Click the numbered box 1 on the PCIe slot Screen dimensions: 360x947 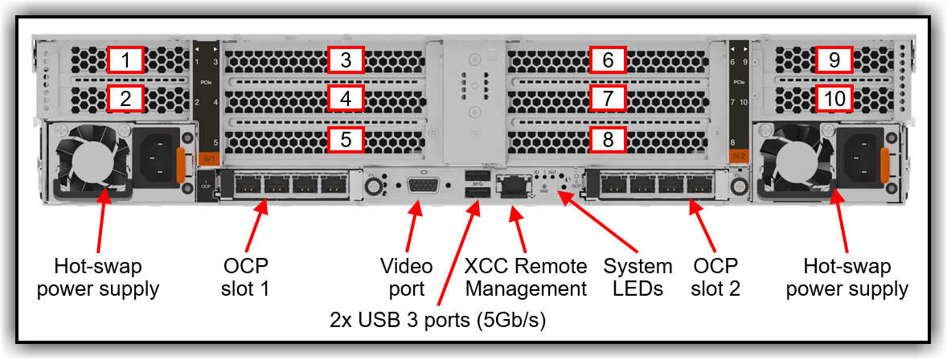coord(125,60)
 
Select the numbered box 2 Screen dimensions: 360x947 coord(125,100)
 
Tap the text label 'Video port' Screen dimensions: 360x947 coord(406,277)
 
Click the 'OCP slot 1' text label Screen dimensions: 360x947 coord(246,277)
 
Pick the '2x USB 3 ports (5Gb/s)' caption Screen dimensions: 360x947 coord(438,320)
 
